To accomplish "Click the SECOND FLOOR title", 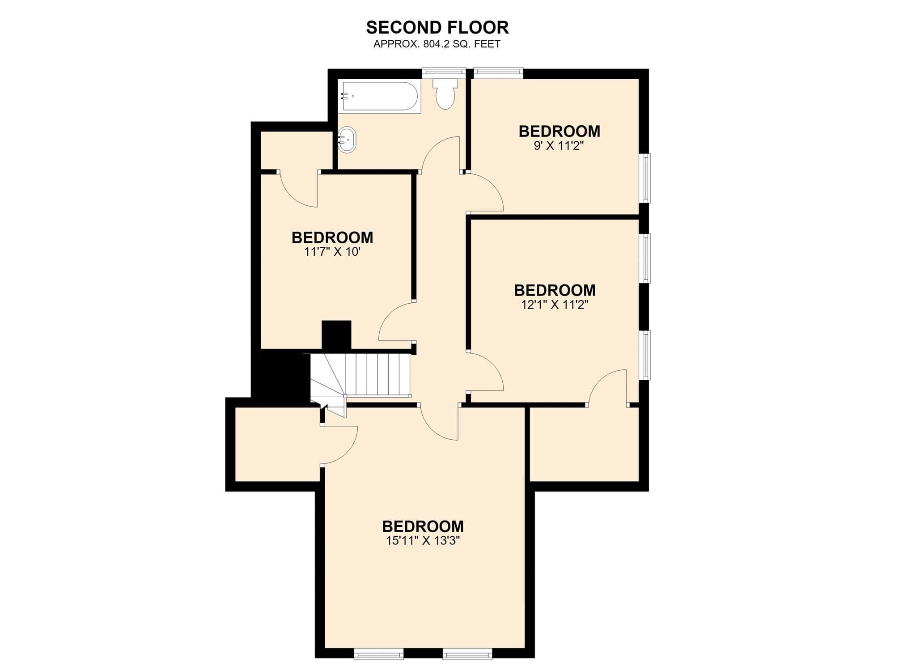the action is [437, 27].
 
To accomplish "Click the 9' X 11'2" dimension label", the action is [559, 146].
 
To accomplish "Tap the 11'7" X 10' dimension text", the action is [332, 252].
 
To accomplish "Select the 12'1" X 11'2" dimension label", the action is [555, 305].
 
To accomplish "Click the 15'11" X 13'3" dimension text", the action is [423, 541].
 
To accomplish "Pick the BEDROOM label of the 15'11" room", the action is [423, 526].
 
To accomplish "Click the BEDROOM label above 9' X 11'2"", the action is [559, 131].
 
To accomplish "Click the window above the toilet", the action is [444, 72].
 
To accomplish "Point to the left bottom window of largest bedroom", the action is [378, 654].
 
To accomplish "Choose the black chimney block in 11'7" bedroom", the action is [336, 335].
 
